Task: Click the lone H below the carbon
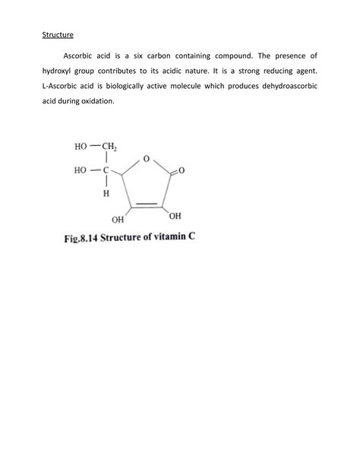105,194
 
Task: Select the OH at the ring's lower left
118,220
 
